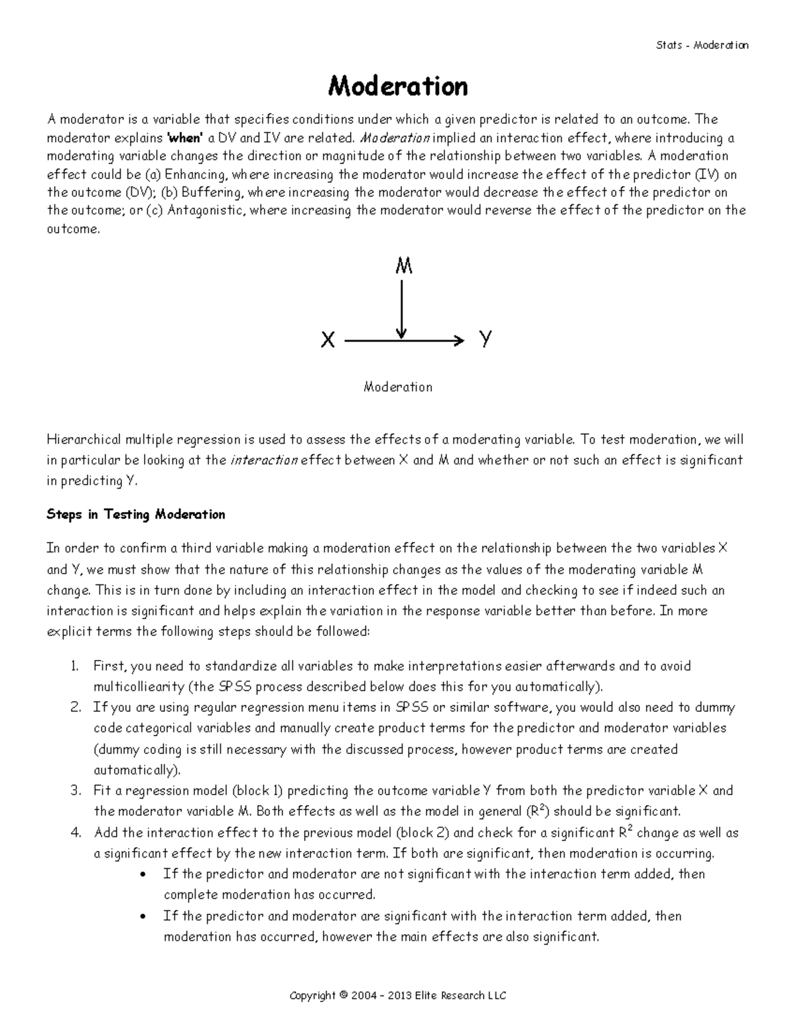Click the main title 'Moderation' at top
(x=398, y=86)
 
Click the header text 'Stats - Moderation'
(x=702, y=45)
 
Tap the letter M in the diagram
(x=404, y=267)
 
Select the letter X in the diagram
(x=328, y=341)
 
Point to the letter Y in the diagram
(x=486, y=339)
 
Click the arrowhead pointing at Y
(x=457, y=341)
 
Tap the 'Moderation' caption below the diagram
(x=398, y=387)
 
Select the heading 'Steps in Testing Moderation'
(x=136, y=515)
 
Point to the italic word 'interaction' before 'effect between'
(x=263, y=460)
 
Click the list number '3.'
(x=76, y=791)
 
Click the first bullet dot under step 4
(x=145, y=875)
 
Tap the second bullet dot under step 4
(x=145, y=917)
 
